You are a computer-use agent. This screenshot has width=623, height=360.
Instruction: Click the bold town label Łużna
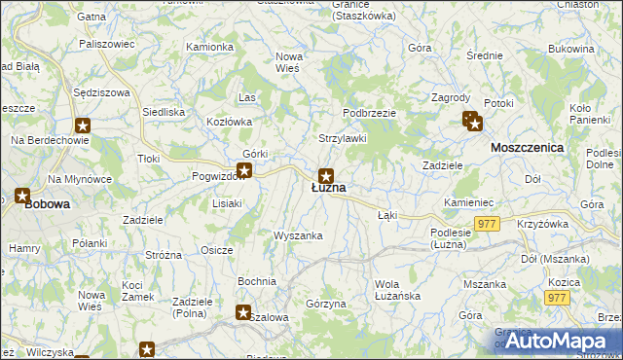pos(328,188)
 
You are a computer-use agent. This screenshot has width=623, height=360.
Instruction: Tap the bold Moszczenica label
pos(528,147)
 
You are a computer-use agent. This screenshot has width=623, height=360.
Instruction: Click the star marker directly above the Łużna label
pos(326,175)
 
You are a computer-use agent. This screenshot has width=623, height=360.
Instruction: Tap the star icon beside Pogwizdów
pos(245,171)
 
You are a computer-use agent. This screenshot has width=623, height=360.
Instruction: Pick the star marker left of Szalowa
pos(243,312)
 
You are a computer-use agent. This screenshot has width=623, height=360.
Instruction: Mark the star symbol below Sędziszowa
pos(83,125)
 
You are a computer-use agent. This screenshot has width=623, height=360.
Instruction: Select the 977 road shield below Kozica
pos(557,298)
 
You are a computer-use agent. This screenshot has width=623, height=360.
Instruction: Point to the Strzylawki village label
pos(343,138)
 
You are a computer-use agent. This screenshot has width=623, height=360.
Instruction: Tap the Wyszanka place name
pos(298,235)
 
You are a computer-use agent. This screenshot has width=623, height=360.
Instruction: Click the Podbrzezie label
pos(369,113)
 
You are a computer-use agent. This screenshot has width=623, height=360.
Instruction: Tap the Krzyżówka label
pos(543,224)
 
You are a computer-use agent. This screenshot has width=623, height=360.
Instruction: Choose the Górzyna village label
pos(326,305)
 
